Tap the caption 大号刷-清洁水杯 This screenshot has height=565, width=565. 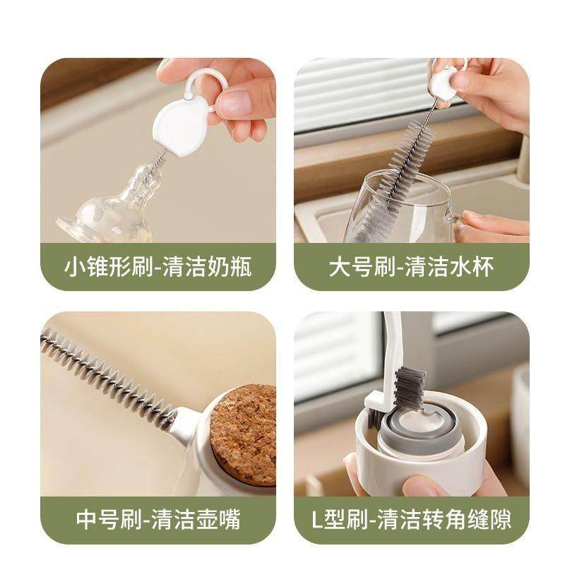pyautogui.click(x=411, y=267)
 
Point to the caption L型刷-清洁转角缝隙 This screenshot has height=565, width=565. pyautogui.click(x=411, y=520)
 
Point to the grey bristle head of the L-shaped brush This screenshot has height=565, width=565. pyautogui.click(x=408, y=385)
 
